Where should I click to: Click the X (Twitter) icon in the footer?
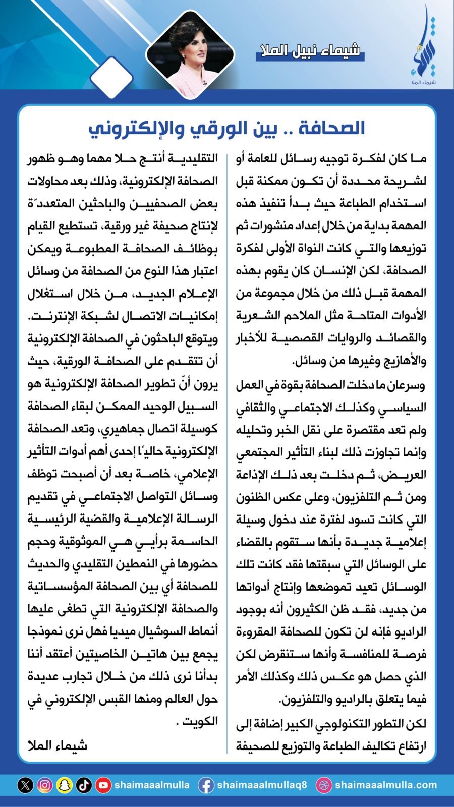pos(25,785)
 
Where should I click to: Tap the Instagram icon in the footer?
pos(45,785)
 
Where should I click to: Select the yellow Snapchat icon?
pos(64,785)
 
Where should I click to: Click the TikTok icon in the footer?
pos(84,785)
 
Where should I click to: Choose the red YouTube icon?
pos(103,785)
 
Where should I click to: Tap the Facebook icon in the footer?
pos(205,785)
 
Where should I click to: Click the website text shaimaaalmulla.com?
pos(386,785)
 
